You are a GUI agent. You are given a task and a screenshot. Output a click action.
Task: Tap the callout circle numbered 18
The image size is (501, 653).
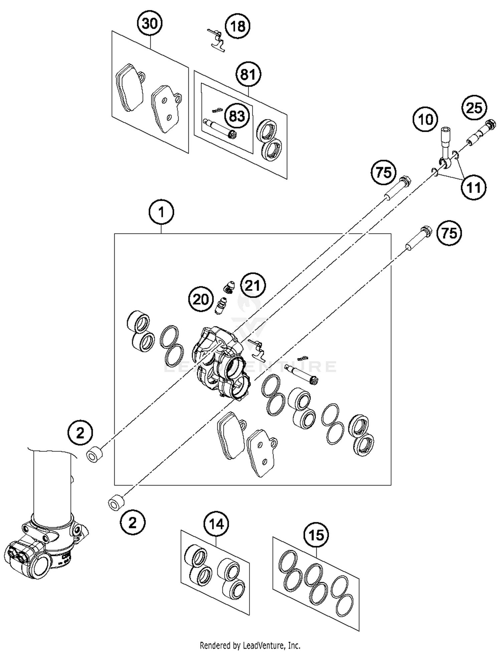237,26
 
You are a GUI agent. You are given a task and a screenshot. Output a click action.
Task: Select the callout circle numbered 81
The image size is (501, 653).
248,74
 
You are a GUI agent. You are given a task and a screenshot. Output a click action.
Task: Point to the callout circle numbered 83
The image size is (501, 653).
237,116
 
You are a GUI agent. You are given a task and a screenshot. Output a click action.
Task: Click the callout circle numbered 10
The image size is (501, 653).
426,119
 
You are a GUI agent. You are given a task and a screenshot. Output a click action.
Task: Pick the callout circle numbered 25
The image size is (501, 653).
474,108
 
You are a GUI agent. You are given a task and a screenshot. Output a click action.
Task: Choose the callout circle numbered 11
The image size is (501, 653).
473,188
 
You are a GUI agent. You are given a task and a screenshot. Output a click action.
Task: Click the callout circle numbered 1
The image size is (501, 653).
161,212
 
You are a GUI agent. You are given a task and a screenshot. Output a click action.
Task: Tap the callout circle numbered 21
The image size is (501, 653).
253,285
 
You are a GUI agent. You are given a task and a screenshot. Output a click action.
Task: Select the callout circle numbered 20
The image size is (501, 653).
201,299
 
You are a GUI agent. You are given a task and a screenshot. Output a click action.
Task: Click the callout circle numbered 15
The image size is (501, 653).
316,535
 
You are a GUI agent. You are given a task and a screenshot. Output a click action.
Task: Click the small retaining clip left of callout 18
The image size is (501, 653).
216,39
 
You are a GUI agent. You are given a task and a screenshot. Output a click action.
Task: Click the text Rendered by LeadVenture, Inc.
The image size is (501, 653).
250,645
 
